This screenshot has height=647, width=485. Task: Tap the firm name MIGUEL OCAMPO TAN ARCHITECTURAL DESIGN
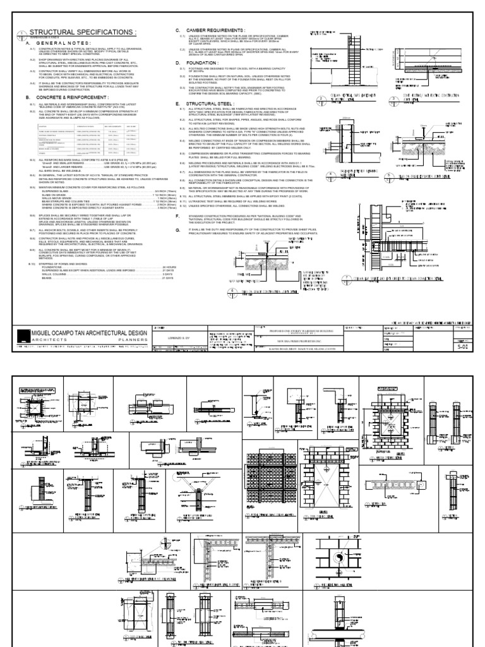pos(89,333)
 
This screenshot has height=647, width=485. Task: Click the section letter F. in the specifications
pos(178,217)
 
